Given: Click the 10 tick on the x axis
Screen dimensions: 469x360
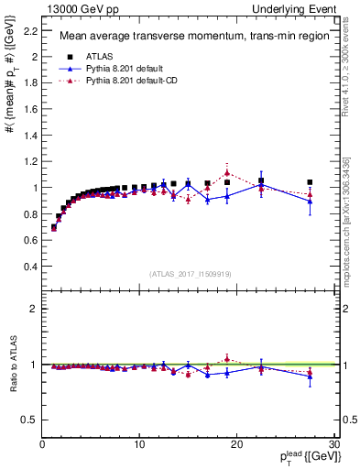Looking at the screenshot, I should coord(139,445).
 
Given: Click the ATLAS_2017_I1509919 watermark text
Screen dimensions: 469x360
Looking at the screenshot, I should coord(189,274).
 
